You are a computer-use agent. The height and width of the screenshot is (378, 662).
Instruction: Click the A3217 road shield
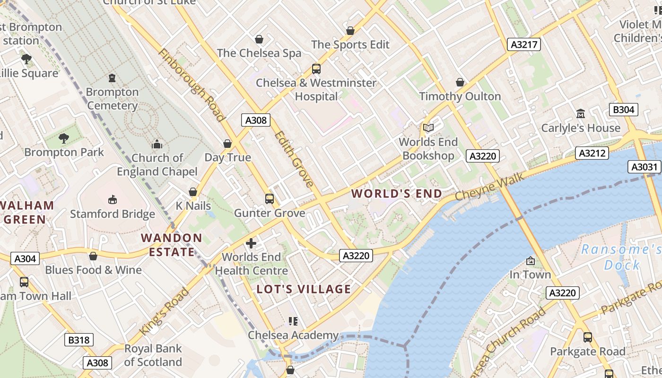pos(524,44)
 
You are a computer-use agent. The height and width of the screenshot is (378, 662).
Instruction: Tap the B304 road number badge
pos(623,110)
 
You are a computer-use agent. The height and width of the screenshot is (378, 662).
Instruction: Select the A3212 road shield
pos(592,153)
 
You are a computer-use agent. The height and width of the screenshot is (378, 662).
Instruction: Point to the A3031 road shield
pos(645,167)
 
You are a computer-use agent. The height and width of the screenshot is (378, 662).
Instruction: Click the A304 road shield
pos(25,258)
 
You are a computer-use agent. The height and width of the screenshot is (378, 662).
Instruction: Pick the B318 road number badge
pos(79,339)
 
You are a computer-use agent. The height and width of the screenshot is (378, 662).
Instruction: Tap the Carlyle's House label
pos(581,128)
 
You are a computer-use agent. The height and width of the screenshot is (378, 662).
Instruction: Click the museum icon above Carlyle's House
pos(581,113)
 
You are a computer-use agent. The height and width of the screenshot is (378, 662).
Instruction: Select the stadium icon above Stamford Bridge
pos(113,199)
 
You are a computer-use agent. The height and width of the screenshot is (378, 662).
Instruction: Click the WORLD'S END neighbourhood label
pos(397,193)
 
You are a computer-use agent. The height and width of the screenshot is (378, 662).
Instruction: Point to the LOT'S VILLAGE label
pos(304,289)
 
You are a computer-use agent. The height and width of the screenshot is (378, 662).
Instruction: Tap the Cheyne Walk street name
pos(489,186)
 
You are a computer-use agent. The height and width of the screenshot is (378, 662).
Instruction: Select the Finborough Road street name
pos(192,85)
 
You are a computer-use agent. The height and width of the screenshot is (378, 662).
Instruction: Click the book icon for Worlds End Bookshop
pos(428,128)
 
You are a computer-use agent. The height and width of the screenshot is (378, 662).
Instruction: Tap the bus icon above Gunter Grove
pos(270,199)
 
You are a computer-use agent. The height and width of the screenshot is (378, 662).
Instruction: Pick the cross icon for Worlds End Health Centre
pos(251,243)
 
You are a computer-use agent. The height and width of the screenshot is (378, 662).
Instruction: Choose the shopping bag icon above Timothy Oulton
pos(460,82)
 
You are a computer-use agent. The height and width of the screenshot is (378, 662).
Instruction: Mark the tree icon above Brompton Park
pos(64,138)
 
